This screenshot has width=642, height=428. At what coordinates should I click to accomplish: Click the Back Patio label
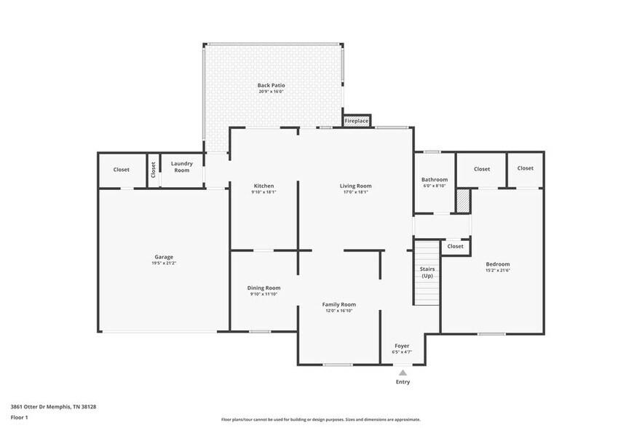click(271, 86)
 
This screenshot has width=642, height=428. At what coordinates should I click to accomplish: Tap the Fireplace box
click(357, 121)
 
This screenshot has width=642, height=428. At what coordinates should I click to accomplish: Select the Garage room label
click(164, 257)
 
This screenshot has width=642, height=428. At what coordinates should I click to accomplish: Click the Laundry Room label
click(181, 167)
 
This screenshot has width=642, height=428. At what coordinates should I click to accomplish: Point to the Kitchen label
click(263, 186)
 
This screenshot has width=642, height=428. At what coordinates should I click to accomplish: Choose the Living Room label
click(355, 186)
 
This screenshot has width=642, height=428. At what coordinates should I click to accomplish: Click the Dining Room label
click(263, 288)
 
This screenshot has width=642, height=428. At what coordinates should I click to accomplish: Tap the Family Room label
click(339, 304)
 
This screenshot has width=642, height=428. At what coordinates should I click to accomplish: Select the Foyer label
click(402, 346)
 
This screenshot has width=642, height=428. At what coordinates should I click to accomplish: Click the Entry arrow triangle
click(403, 372)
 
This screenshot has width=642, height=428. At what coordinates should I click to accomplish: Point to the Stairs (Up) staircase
click(427, 273)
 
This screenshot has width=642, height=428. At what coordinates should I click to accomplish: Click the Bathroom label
click(435, 180)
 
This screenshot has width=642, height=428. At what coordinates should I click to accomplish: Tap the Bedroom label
click(498, 264)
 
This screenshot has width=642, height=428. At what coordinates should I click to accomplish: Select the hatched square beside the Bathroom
click(462, 201)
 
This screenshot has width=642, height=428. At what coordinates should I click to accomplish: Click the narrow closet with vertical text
click(154, 170)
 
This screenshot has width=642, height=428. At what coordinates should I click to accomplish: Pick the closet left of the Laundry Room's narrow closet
click(122, 170)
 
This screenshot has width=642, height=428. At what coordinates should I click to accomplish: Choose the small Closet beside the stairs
click(455, 247)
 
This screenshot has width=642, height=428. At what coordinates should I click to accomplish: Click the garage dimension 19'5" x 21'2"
click(164, 263)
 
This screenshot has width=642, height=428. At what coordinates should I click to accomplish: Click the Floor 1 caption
click(19, 418)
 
